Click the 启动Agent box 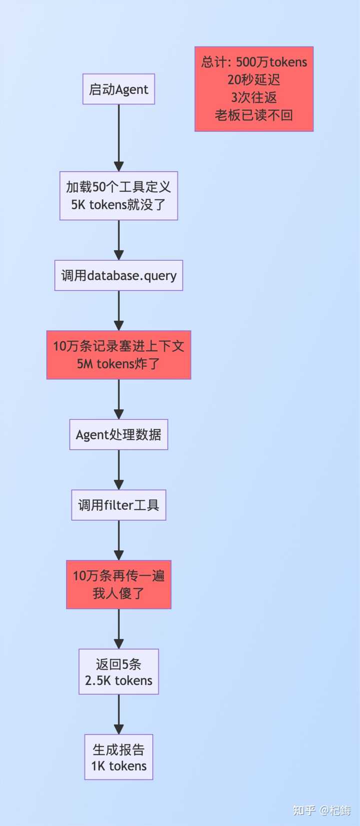(x=118, y=89)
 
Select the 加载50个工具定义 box (x=118, y=195)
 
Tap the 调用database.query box (x=118, y=275)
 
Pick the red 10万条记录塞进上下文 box (x=118, y=355)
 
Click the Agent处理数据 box (x=118, y=434)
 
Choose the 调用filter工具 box (x=118, y=505)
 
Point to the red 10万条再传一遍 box (x=118, y=584)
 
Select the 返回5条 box (x=118, y=672)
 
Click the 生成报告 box (x=118, y=757)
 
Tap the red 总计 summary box (x=254, y=89)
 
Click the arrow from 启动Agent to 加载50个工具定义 (x=118, y=137)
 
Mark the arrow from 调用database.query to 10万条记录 (x=118, y=310)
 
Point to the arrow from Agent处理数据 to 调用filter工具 (x=118, y=469)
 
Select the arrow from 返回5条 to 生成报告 (x=118, y=714)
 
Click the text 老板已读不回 (x=254, y=115)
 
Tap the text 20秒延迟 (x=254, y=80)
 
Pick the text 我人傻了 (x=118, y=593)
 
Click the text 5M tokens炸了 (x=118, y=364)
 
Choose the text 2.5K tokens (x=118, y=681)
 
